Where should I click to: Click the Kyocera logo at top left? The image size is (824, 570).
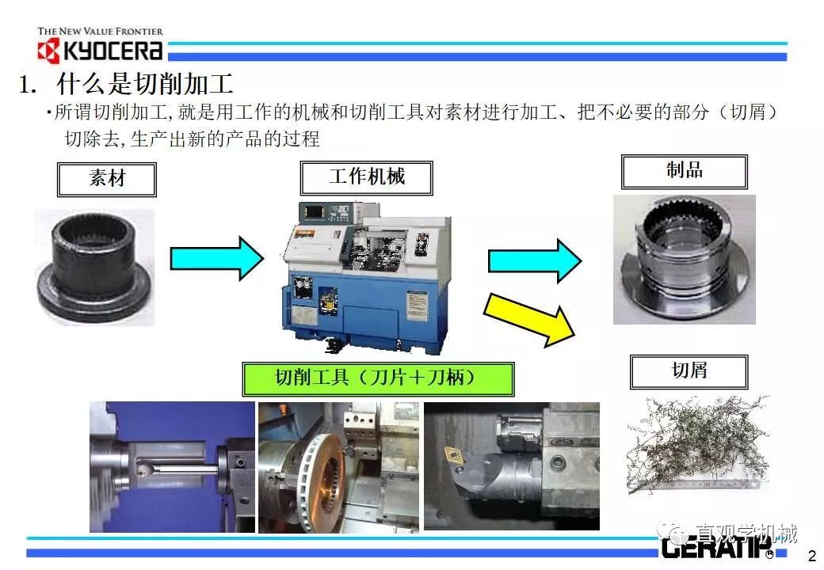coord(100,51)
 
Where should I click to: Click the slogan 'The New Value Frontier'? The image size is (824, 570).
coord(100,32)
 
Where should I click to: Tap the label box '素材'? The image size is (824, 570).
coord(106,179)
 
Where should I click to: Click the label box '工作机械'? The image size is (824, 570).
coord(366,177)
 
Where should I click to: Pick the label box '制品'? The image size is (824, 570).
coord(684,171)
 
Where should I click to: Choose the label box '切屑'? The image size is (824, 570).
coord(688,371)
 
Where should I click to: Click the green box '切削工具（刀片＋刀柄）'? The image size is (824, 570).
coord(377,378)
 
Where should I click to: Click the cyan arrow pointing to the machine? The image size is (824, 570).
coord(216,257)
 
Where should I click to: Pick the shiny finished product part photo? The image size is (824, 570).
coord(684,259)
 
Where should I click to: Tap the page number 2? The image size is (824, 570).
coord(810,553)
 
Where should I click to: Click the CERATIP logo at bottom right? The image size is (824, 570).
coord(713,548)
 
